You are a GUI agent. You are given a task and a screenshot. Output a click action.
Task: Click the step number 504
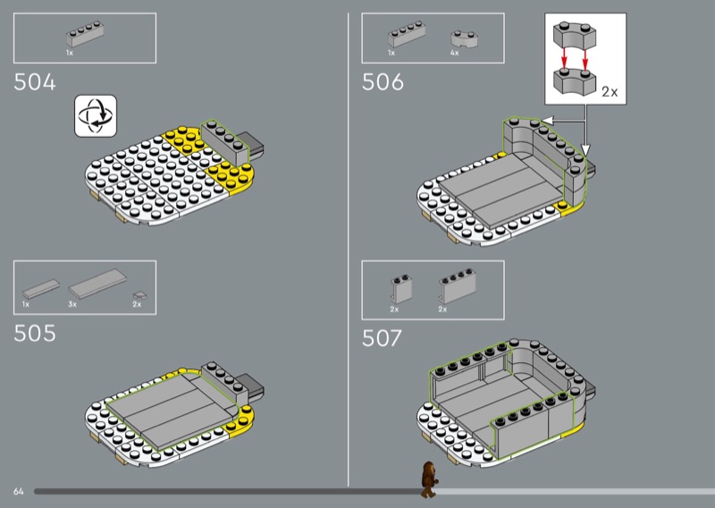[x=35, y=82]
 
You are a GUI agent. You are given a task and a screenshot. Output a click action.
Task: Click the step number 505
[x=35, y=334]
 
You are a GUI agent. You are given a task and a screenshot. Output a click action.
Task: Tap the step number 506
[x=383, y=82]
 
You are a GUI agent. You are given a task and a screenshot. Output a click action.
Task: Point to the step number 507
[x=382, y=338]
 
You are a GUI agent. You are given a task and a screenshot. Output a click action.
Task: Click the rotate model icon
[x=96, y=116]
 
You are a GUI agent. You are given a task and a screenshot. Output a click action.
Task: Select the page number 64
[x=18, y=492]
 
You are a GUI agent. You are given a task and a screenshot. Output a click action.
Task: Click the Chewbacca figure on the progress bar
[x=429, y=479]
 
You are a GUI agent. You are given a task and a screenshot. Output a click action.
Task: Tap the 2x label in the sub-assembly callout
[x=610, y=92]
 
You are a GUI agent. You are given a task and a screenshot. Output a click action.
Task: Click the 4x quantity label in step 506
[x=455, y=53]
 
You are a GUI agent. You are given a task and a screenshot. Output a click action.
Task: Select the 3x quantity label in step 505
[x=72, y=304]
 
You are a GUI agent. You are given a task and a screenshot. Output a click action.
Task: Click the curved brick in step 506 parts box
[x=464, y=38]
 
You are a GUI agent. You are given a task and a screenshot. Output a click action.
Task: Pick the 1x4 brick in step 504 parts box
[x=85, y=34]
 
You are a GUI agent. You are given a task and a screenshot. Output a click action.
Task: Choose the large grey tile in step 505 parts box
[x=97, y=284]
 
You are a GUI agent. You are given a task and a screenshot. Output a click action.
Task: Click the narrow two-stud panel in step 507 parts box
[x=401, y=289]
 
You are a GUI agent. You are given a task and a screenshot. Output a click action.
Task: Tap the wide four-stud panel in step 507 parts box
[x=458, y=285]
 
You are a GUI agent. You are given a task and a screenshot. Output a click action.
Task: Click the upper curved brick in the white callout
[x=575, y=36]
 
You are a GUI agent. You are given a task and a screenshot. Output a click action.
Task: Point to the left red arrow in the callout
[x=565, y=58]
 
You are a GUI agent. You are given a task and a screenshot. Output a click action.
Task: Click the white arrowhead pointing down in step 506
[x=586, y=149]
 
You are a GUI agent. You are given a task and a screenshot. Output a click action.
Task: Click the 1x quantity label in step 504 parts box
[x=70, y=53]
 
